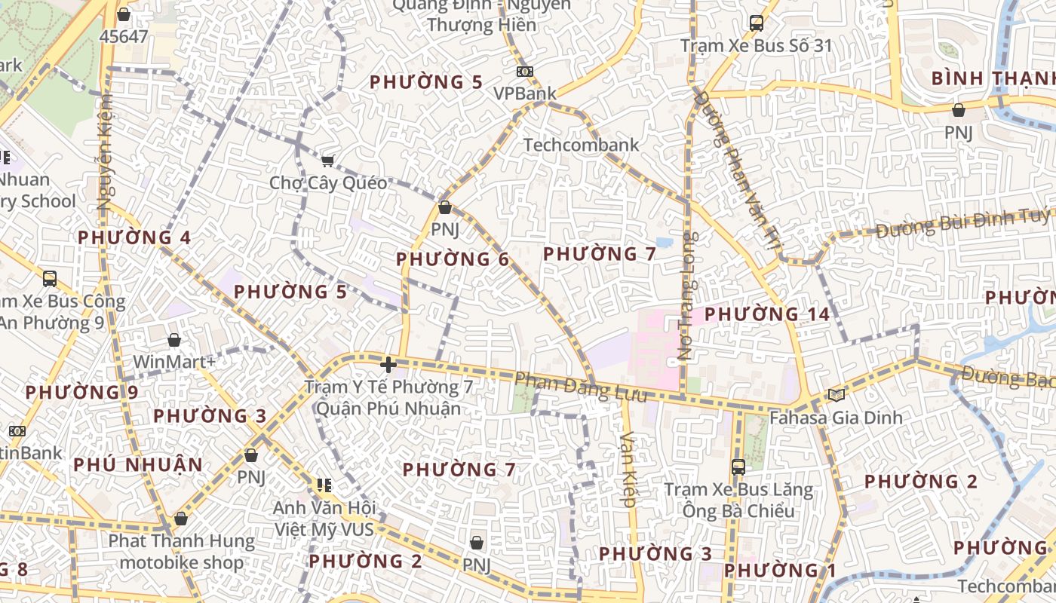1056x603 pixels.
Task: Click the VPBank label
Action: click(x=525, y=93)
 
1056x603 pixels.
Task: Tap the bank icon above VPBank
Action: click(x=525, y=72)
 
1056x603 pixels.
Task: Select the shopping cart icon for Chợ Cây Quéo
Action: click(x=328, y=161)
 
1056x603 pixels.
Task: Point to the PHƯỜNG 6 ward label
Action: click(x=453, y=259)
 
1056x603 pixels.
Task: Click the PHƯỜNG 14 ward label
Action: click(x=767, y=314)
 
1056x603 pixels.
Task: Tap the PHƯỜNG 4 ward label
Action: click(x=134, y=237)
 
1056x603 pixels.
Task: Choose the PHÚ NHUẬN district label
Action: click(x=138, y=464)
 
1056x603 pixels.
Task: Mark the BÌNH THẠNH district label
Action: click(x=992, y=78)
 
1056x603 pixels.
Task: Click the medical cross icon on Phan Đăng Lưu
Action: click(x=388, y=365)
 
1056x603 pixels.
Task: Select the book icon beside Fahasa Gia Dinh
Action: click(x=836, y=395)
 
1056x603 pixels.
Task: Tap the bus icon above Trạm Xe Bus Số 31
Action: click(x=757, y=23)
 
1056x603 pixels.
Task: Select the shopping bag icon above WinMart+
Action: click(x=174, y=340)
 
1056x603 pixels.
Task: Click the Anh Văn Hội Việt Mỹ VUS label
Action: click(x=324, y=519)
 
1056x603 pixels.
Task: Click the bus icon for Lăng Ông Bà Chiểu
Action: click(x=738, y=467)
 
